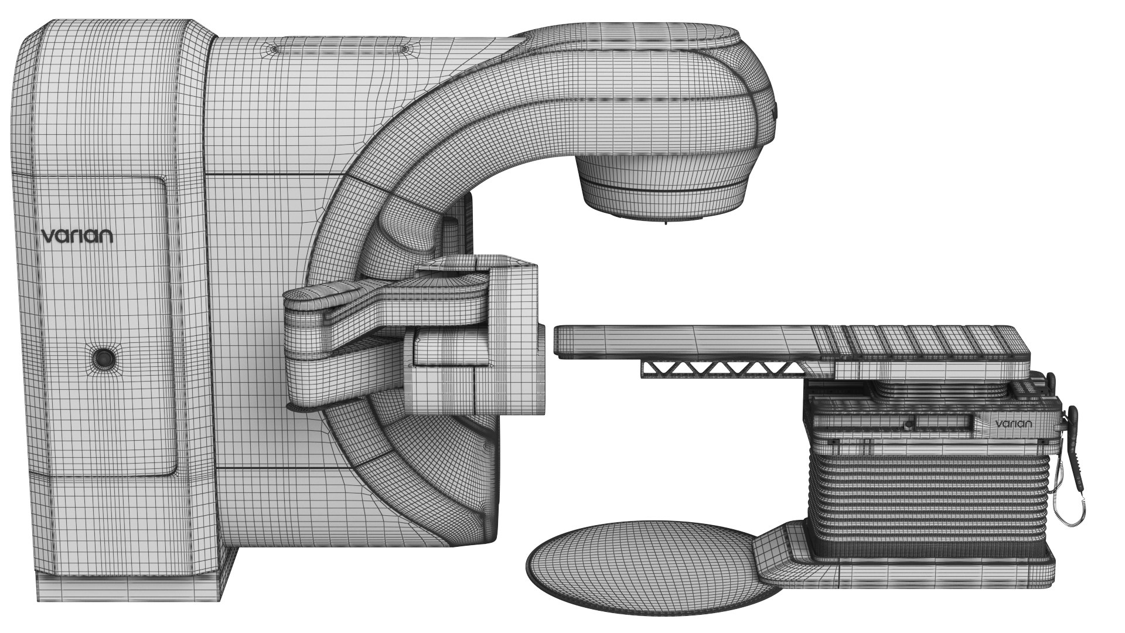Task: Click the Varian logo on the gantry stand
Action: click(77, 236)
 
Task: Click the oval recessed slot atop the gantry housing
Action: click(338, 47)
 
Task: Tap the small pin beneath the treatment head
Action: click(666, 224)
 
